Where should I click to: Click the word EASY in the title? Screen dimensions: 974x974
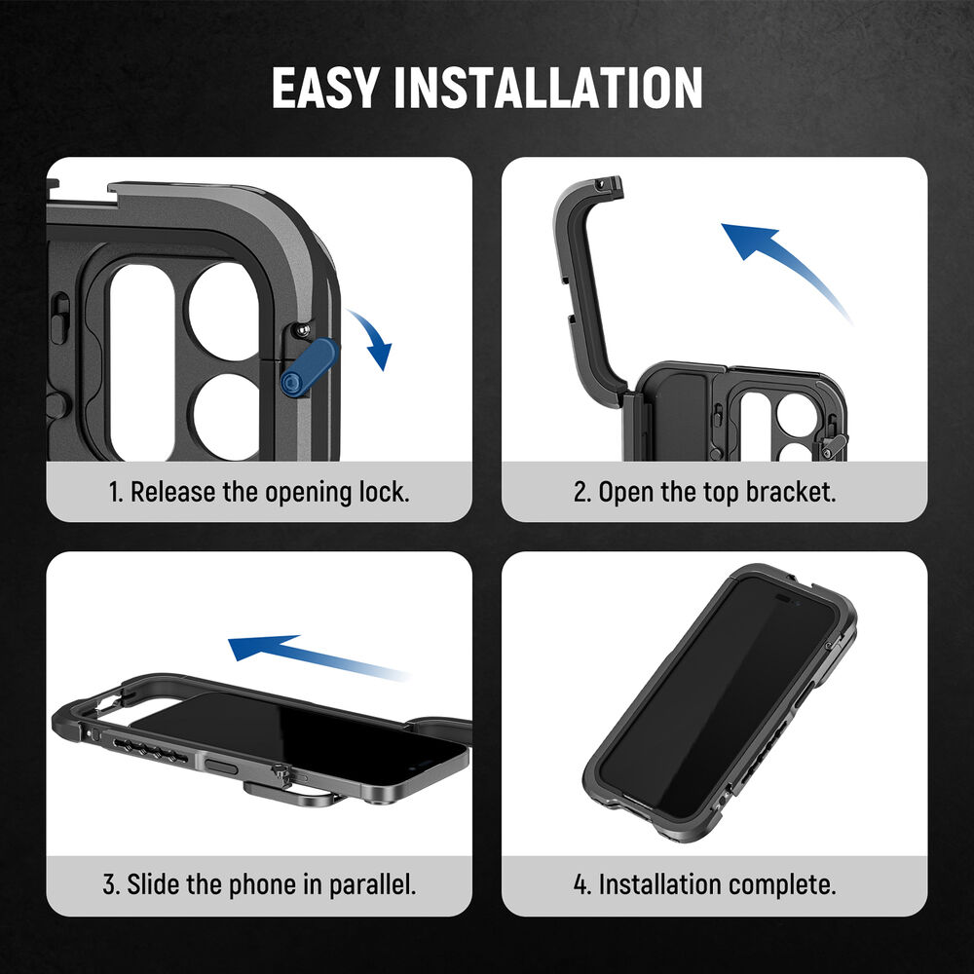(x=325, y=88)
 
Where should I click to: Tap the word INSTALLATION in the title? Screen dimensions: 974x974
(x=547, y=88)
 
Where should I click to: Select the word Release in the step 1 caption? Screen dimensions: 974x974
(x=172, y=492)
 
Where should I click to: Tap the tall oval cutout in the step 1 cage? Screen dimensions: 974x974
(x=142, y=362)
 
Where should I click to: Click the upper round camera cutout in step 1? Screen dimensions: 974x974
(x=224, y=312)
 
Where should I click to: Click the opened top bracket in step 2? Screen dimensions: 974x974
(x=586, y=274)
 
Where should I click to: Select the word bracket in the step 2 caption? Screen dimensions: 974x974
(x=791, y=492)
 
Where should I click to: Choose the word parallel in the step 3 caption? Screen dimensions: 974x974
(x=372, y=884)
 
